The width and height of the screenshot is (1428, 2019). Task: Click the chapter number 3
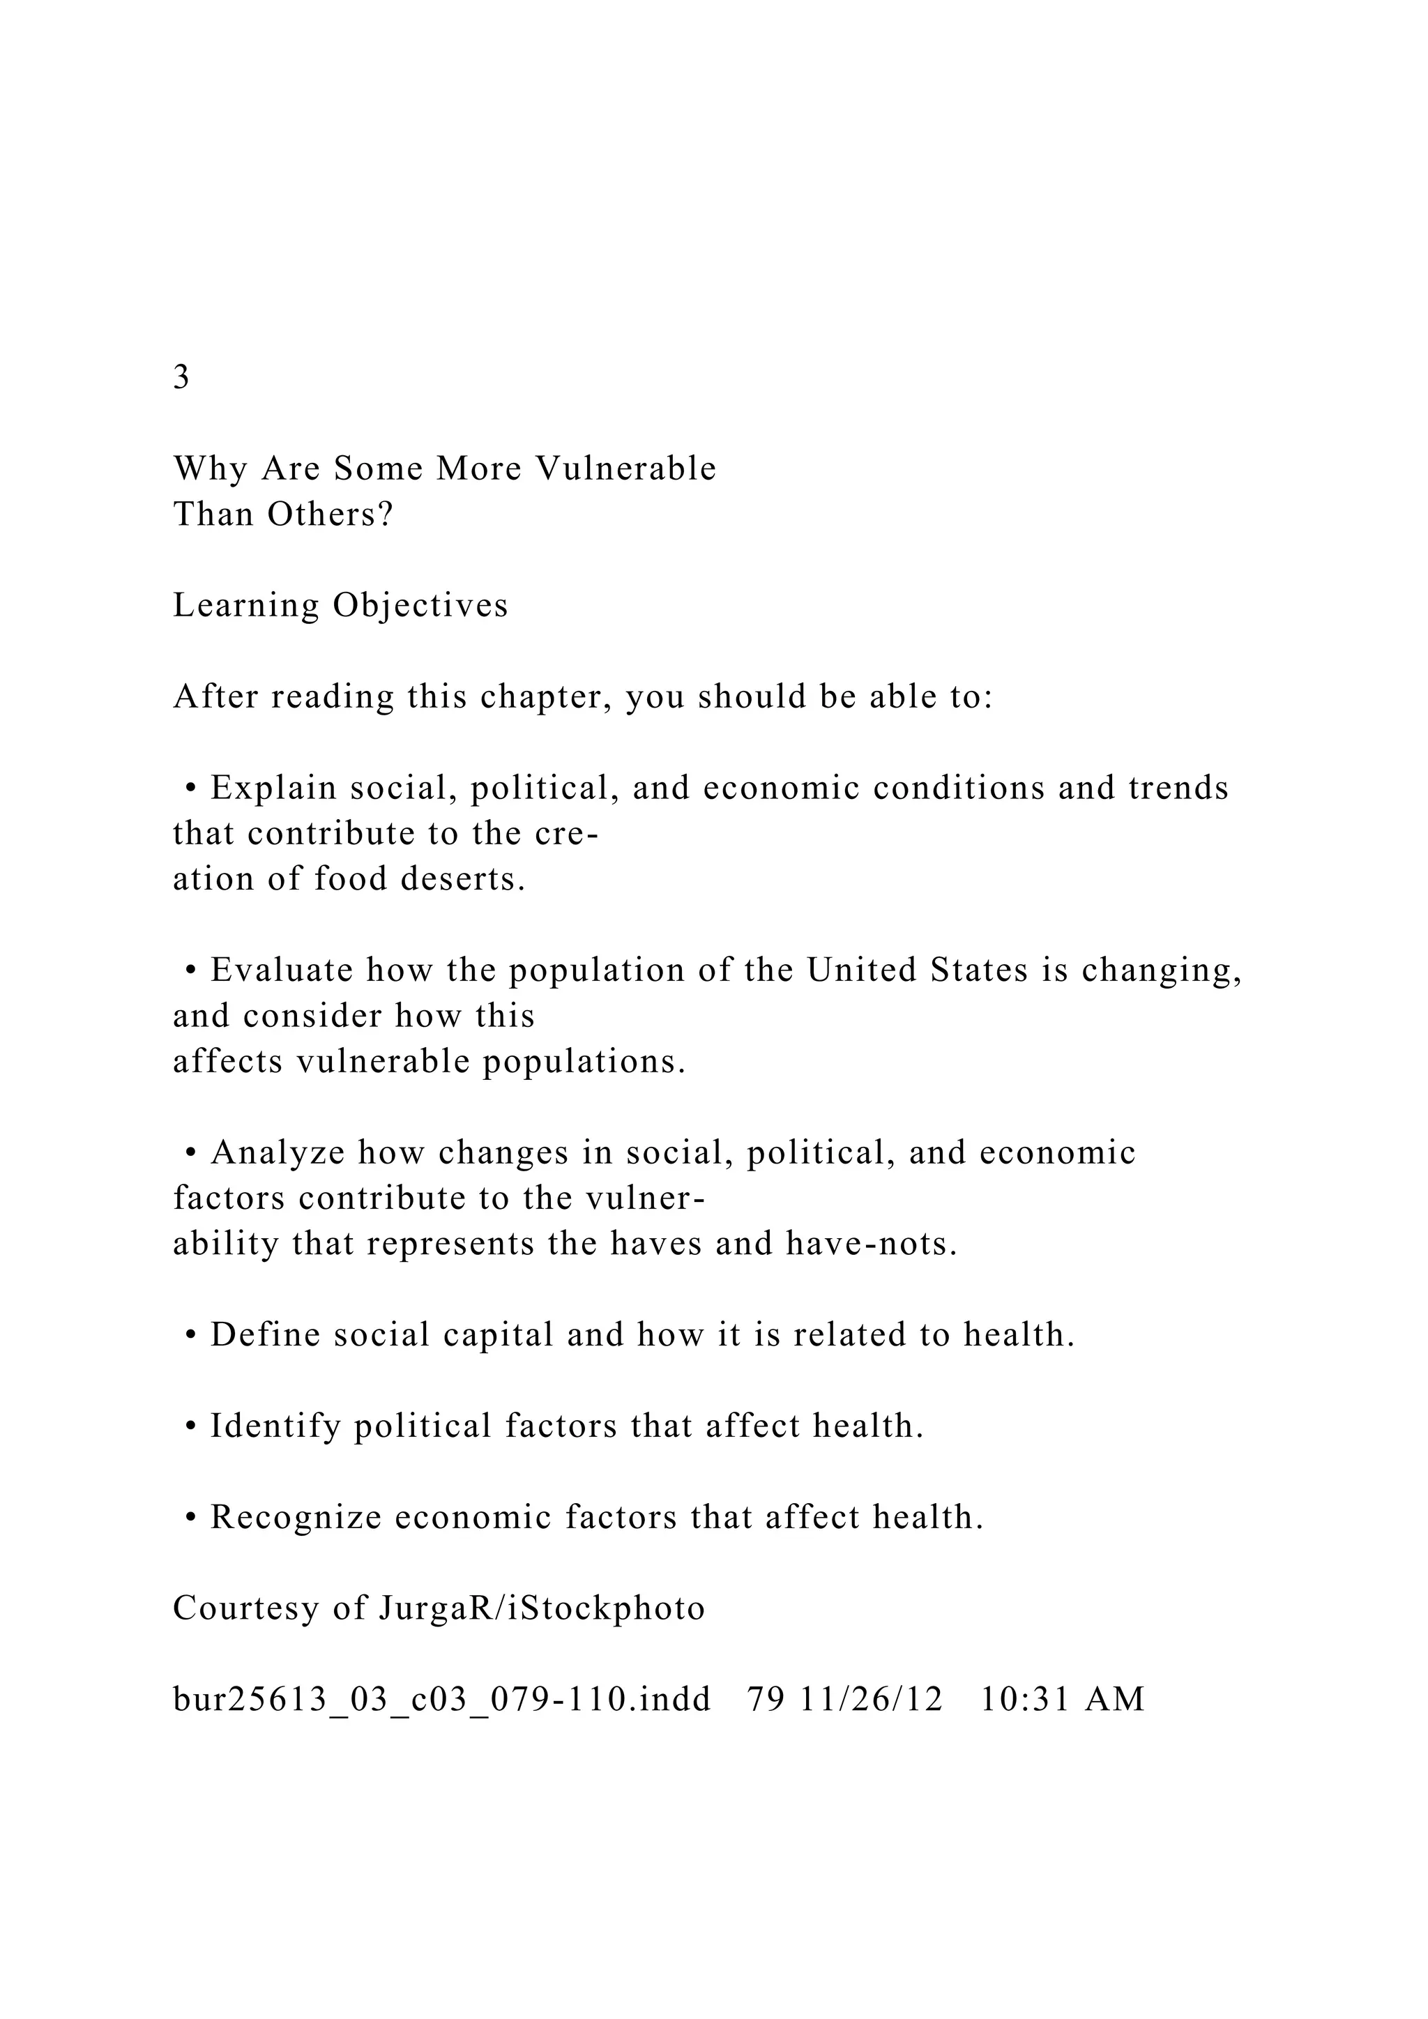pos(181,377)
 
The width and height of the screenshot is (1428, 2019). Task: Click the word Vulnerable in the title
pos(626,468)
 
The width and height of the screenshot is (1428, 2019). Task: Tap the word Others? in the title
pos(331,515)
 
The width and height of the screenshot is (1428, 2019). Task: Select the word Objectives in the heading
pos(420,606)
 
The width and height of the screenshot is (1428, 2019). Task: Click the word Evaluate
pos(282,970)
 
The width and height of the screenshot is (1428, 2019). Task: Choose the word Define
pos(266,1336)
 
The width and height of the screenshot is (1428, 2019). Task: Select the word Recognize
pos(296,1518)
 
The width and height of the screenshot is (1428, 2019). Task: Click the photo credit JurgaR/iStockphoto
pos(542,1609)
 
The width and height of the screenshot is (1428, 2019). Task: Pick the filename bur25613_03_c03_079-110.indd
pos(442,1700)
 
